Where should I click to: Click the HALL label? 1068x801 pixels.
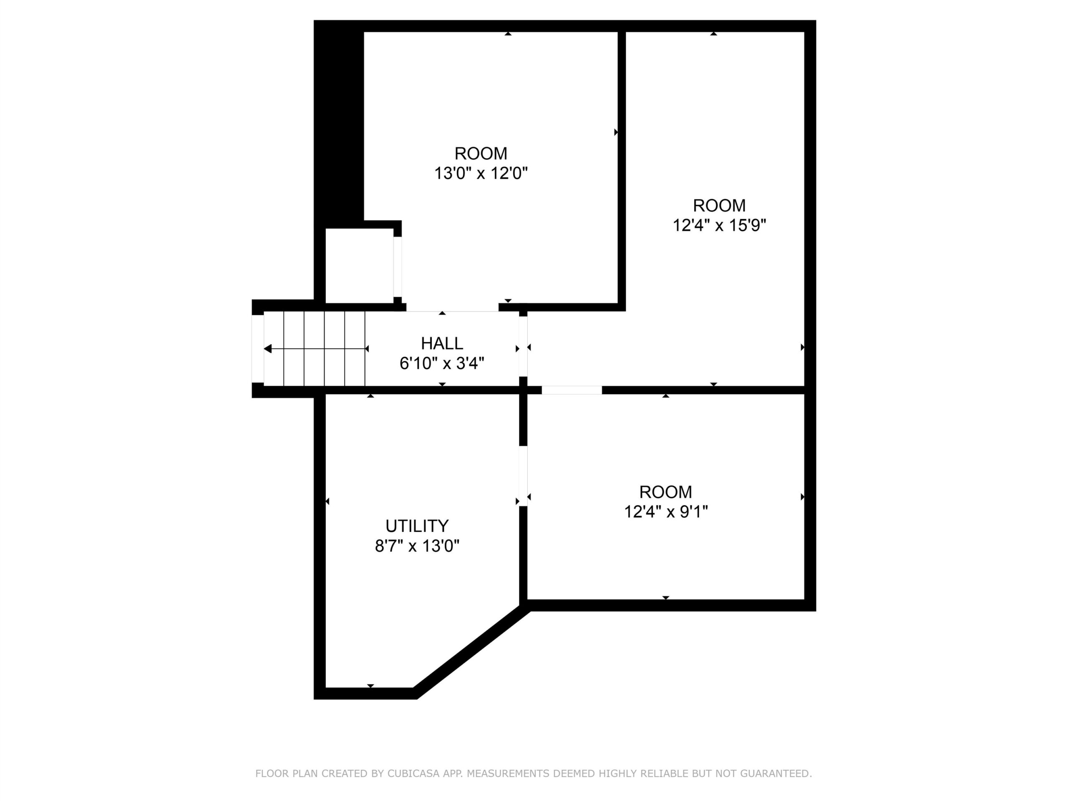(x=442, y=343)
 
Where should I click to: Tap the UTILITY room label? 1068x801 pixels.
(x=417, y=526)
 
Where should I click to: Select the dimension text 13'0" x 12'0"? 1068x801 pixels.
(x=481, y=173)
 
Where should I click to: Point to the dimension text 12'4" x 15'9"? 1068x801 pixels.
(x=719, y=225)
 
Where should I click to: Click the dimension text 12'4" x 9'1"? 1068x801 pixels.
(x=666, y=511)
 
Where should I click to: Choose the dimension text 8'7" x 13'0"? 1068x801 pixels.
(x=417, y=546)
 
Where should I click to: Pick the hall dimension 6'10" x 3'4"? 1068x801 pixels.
(x=442, y=363)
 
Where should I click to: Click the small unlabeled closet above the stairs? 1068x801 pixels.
(x=359, y=266)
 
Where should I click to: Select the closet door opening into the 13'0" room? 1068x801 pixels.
(x=397, y=267)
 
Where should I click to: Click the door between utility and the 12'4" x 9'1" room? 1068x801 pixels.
(x=523, y=476)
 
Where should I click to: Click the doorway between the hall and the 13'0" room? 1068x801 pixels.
(x=452, y=307)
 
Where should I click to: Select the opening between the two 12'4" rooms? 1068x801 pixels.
(x=572, y=390)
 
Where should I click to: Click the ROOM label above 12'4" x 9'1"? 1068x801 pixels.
(x=666, y=492)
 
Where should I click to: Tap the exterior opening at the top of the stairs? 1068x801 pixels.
(x=258, y=349)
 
